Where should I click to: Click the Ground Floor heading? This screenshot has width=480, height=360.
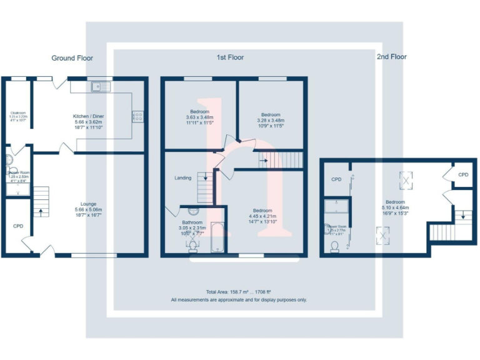(x=72, y=58)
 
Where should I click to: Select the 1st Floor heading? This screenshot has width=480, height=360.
(x=230, y=57)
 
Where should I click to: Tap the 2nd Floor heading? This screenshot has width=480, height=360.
(x=391, y=57)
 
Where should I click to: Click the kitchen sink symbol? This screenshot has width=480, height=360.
(x=100, y=86)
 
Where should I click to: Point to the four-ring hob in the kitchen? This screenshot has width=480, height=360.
(x=137, y=116)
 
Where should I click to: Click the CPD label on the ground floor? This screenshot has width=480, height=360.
(x=18, y=226)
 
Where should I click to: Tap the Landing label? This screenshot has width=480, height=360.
(x=183, y=178)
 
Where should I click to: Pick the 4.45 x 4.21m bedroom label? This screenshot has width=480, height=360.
(x=262, y=214)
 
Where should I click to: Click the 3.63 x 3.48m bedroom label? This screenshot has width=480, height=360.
(x=200, y=116)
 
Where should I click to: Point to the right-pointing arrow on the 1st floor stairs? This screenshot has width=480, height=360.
(x=265, y=161)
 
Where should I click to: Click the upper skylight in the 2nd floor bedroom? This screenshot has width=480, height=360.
(x=407, y=181)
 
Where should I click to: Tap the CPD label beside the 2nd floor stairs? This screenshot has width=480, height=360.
(x=462, y=175)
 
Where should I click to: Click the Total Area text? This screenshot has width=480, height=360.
(x=239, y=292)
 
